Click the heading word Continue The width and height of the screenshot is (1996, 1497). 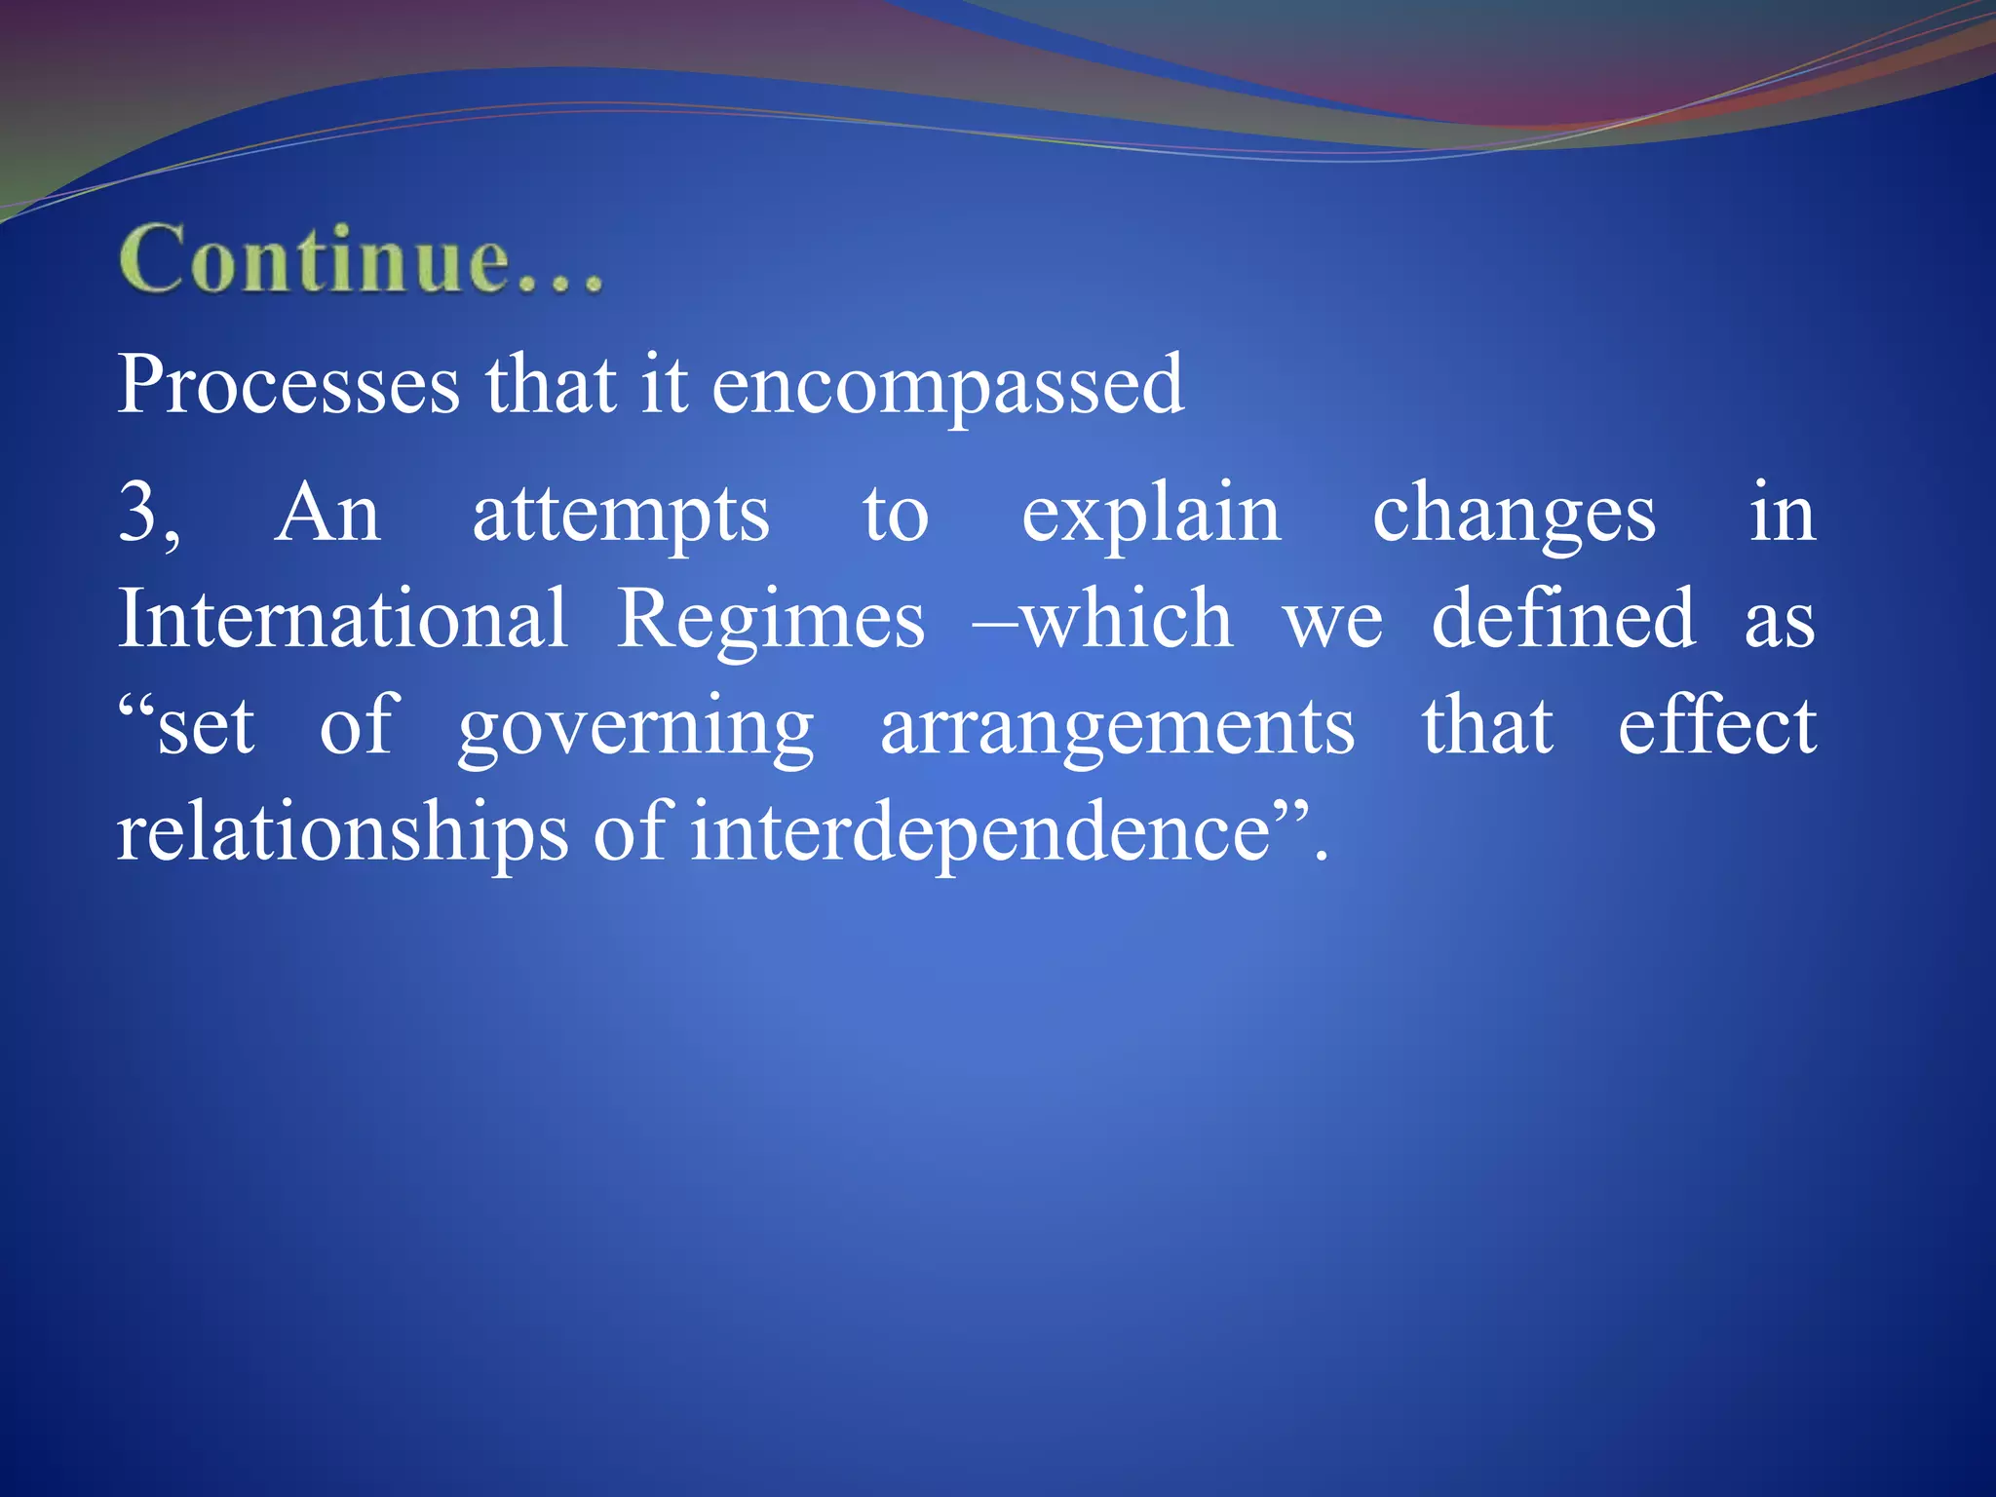pyautogui.click(x=361, y=258)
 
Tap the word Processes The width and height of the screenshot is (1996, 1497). pyautogui.click(x=288, y=385)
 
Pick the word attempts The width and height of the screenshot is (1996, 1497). pyautogui.click(x=621, y=515)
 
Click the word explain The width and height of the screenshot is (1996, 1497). pyautogui.click(x=1151, y=515)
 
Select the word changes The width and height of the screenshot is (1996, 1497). pyautogui.click(x=1514, y=515)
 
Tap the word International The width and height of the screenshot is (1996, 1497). pyautogui.click(x=343, y=619)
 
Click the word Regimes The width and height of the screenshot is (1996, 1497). pyautogui.click(x=771, y=621)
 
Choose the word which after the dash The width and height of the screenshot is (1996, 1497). pyautogui.click(x=1127, y=619)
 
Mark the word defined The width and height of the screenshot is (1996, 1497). pyautogui.click(x=1563, y=619)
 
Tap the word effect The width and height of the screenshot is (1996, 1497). pyautogui.click(x=1717, y=725)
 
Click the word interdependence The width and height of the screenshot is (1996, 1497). pyautogui.click(x=980, y=833)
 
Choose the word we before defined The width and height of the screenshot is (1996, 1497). pyautogui.click(x=1333, y=621)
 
